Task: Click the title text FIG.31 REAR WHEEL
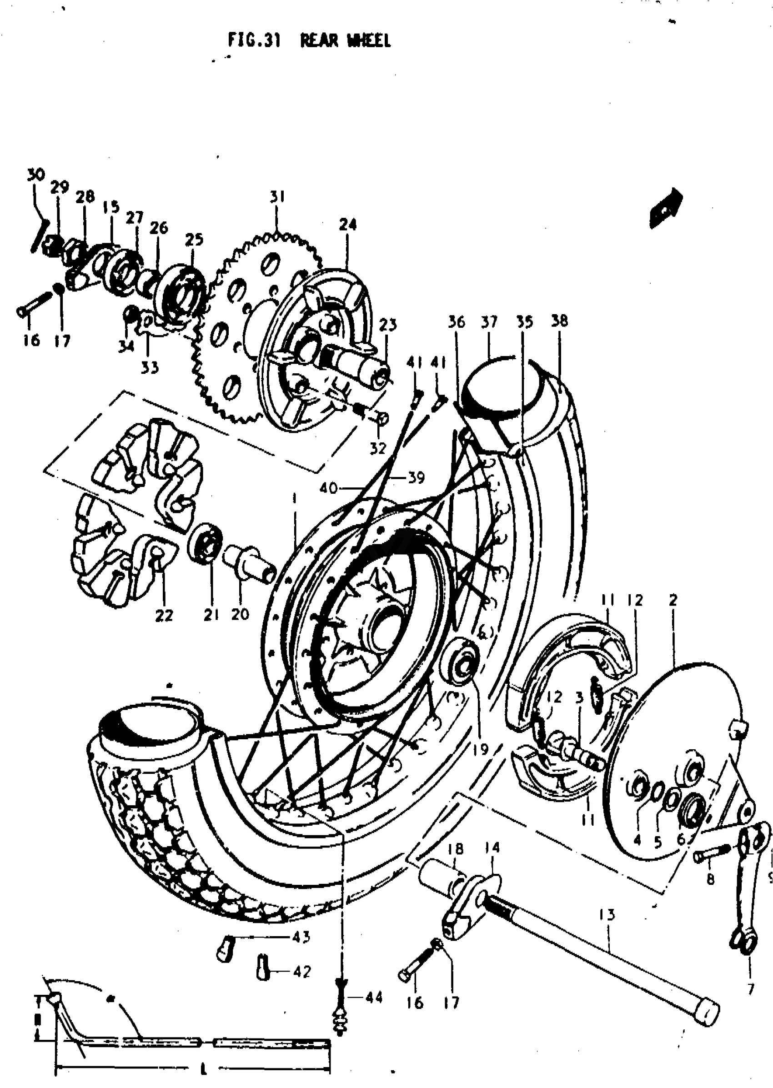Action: tap(309, 41)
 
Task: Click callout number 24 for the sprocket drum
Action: tap(347, 224)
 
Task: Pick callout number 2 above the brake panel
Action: tap(673, 601)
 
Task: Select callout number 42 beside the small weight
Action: tap(302, 970)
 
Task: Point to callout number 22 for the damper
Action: tap(164, 616)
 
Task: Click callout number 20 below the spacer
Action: tap(240, 614)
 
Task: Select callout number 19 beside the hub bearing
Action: tap(481, 750)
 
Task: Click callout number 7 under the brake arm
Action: tap(751, 990)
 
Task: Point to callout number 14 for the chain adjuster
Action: tap(492, 847)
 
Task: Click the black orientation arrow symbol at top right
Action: tap(666, 207)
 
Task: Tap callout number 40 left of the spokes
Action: tap(328, 488)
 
